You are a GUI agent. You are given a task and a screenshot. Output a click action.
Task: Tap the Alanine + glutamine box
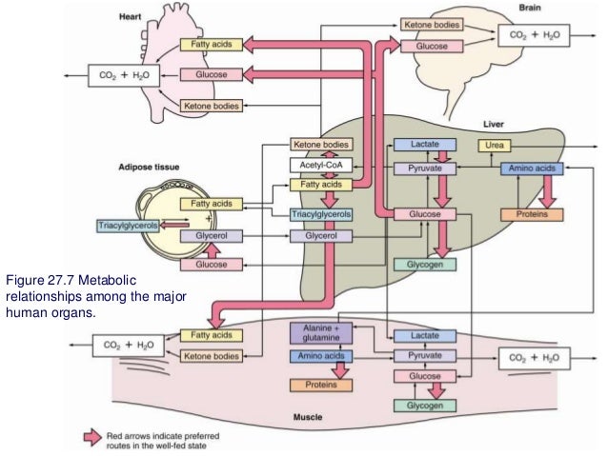tap(316, 333)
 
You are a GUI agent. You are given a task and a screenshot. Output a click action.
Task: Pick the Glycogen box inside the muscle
tap(419, 406)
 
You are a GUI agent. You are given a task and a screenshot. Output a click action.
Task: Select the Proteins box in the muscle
tap(317, 386)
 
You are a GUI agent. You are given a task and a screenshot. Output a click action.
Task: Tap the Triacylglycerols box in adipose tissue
tap(129, 226)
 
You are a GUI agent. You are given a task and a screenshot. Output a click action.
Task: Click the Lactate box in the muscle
tap(420, 337)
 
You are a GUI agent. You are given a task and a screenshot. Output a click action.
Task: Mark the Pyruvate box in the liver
tap(421, 169)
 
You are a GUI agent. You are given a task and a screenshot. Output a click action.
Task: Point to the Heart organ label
tap(132, 17)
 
